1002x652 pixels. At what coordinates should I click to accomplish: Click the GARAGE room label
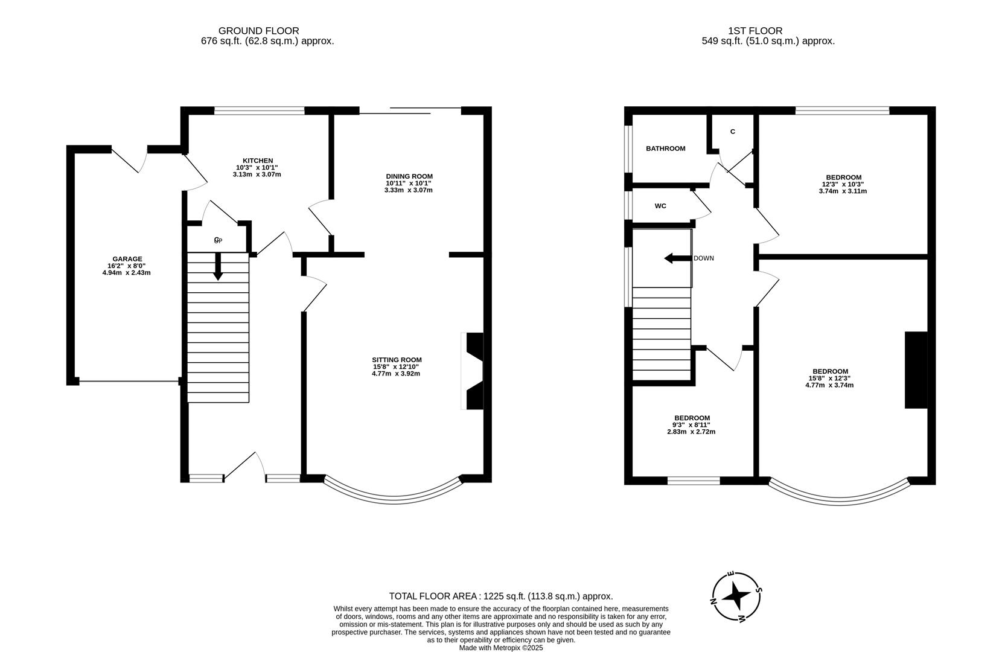pos(127,259)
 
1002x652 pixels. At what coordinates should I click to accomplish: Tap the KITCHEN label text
pos(258,161)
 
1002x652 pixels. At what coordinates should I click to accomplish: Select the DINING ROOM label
pos(409,176)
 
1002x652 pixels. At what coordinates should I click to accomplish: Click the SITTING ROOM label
pos(397,360)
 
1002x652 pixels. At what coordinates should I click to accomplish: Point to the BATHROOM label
pos(665,149)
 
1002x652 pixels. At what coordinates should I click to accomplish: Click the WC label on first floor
pos(660,206)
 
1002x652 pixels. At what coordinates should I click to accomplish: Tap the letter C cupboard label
pos(732,132)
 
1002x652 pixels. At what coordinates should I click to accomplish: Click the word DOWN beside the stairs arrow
pos(703,258)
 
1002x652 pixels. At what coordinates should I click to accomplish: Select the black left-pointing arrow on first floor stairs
pos(677,258)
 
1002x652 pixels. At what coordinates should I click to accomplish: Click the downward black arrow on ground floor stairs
pos(218,266)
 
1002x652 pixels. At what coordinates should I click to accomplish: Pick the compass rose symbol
pos(736,596)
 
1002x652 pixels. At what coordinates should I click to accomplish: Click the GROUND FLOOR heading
pos(258,31)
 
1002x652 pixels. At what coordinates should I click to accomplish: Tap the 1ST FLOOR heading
pos(755,31)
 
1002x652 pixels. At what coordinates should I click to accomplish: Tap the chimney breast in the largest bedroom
pos(916,370)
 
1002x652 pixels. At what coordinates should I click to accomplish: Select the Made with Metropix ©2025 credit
pos(501,648)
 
